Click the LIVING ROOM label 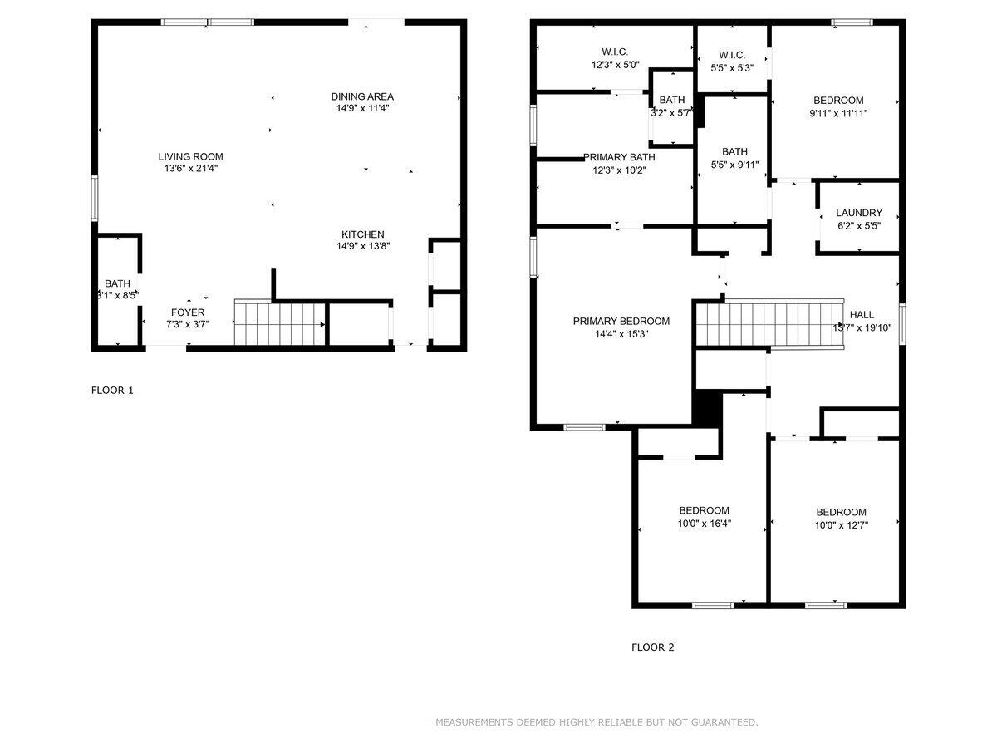(191, 156)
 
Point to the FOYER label (187, 312)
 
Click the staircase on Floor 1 (280, 322)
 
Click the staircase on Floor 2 (769, 323)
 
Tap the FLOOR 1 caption (112, 390)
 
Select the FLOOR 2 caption (653, 647)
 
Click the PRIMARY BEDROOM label (621, 322)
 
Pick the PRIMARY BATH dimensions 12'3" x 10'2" (619, 170)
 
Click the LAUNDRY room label (859, 213)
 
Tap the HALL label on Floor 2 (862, 315)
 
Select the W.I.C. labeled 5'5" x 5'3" (731, 55)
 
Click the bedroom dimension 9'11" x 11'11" (838, 113)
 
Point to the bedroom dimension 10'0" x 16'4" (704, 524)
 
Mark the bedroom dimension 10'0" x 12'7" (841, 525)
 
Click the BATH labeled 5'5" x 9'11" (734, 151)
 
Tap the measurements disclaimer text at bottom (597, 722)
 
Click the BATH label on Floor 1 (117, 283)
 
